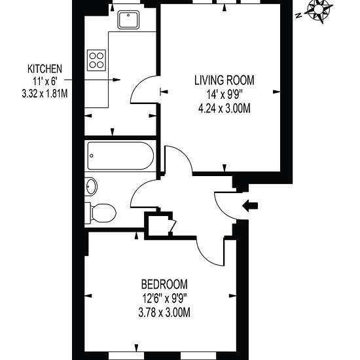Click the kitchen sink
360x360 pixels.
[128, 20]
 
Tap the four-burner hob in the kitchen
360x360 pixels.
[96, 60]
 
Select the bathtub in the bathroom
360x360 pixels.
[120, 156]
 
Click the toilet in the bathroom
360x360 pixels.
[101, 213]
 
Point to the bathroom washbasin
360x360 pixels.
[91, 186]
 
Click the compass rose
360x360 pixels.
[319, 10]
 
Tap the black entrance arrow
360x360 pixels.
[250, 206]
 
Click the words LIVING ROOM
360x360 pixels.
[225, 81]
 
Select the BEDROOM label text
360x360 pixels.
[164, 284]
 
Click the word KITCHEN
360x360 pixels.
[45, 69]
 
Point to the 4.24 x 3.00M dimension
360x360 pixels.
[225, 109]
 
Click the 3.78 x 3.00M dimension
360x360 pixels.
[164, 312]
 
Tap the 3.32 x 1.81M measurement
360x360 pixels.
[45, 94]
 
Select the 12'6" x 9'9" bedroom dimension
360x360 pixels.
[164, 298]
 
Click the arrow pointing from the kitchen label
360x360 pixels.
[92, 80]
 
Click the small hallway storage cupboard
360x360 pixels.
[159, 226]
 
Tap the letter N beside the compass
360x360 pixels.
[298, 16]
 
